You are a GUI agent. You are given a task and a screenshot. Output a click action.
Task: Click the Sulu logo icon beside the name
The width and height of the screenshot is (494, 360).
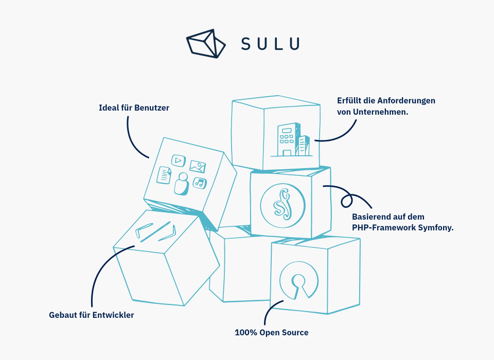tap(205, 43)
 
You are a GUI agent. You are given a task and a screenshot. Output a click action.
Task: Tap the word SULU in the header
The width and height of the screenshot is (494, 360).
tap(270, 44)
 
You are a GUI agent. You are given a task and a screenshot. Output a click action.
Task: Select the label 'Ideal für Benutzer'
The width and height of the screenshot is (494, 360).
tap(134, 108)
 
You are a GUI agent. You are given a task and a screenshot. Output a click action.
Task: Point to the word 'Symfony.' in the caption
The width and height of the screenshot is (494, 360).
tap(436, 227)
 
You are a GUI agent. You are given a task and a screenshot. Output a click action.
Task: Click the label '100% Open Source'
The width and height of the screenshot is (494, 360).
tap(271, 332)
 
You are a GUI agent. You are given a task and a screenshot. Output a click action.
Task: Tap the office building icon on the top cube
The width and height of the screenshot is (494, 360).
tap(291, 139)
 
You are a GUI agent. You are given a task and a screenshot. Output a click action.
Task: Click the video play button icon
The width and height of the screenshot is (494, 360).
tap(178, 160)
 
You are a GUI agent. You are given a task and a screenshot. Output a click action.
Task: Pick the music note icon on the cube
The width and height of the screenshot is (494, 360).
tap(199, 183)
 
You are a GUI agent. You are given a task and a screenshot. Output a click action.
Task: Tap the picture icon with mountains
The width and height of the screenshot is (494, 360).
tap(198, 166)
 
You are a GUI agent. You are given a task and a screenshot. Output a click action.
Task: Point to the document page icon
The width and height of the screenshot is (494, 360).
tap(164, 175)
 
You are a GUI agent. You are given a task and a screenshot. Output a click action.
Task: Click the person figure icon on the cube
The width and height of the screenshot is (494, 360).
tap(181, 184)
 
